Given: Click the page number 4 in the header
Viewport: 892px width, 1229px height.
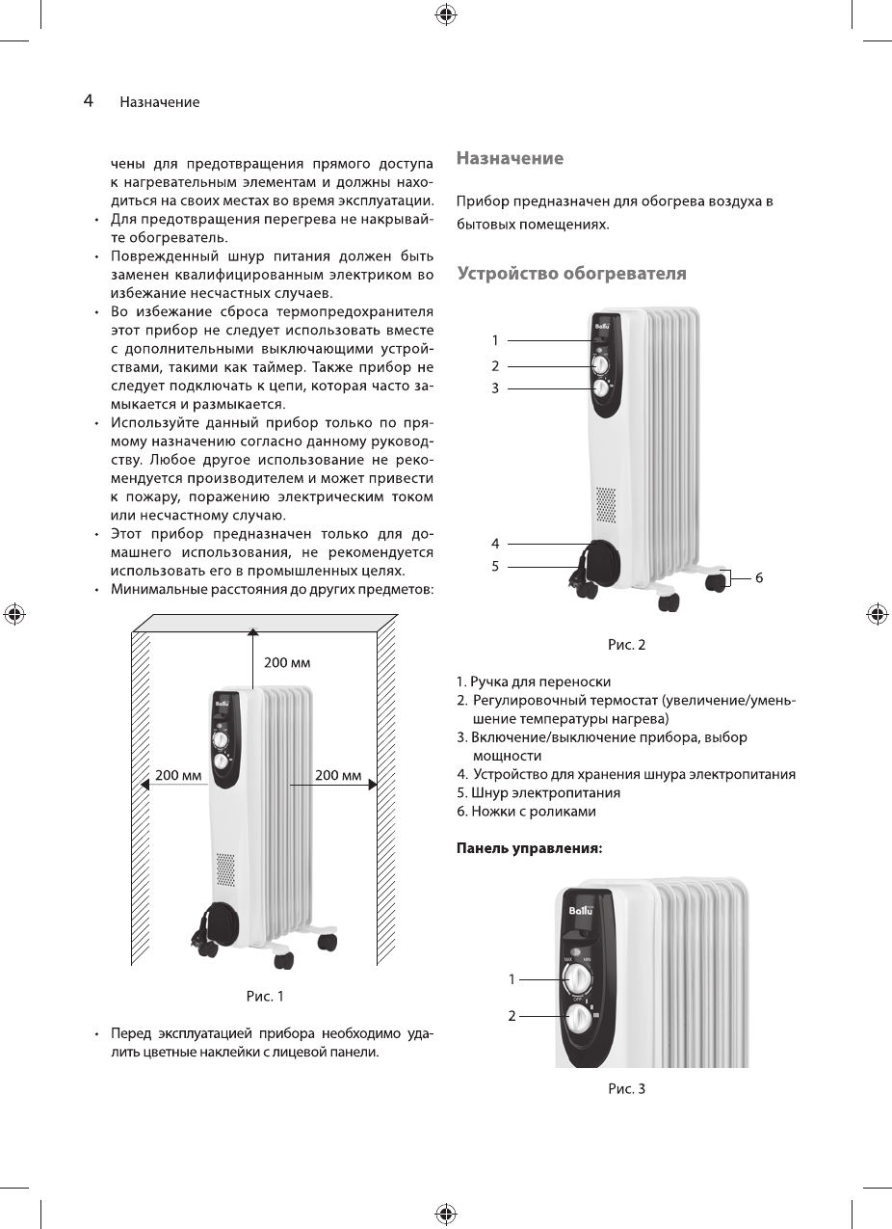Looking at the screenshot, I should tap(88, 100).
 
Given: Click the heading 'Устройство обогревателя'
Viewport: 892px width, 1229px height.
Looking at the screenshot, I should tap(571, 274).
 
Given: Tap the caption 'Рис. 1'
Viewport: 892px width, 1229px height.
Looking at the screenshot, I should tap(265, 996).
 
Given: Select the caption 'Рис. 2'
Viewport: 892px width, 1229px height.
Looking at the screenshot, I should tap(626, 645).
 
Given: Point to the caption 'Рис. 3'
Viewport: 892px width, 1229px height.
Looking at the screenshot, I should tap(626, 1088).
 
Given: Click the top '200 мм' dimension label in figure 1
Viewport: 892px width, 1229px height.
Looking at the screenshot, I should tap(287, 663).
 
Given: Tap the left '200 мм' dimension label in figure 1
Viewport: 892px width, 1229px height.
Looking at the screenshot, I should tap(178, 775).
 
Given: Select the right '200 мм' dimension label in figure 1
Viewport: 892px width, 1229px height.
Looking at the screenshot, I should tap(338, 775).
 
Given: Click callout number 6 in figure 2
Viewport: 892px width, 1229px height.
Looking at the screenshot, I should tap(759, 577).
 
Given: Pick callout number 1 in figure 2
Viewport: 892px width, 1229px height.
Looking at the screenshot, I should tap(495, 340).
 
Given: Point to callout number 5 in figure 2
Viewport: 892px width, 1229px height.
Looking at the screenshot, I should tap(495, 566).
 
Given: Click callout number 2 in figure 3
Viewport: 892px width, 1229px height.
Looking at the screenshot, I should tap(512, 1015).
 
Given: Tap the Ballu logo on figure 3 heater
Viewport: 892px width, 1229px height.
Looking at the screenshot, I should tap(582, 910).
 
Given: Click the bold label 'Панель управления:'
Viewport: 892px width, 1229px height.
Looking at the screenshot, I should tap(529, 849).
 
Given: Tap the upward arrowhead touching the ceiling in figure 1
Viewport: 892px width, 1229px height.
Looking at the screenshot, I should tap(252, 631).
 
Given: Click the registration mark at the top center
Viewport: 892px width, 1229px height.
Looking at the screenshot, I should tap(445, 13).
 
